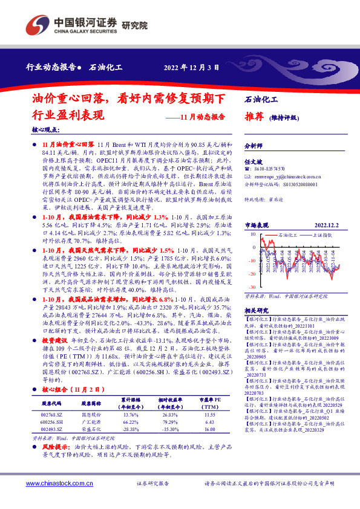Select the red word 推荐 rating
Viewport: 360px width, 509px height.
(x=254, y=117)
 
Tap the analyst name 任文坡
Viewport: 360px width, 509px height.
(x=252, y=161)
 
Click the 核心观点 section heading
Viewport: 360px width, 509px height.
(x=47, y=129)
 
